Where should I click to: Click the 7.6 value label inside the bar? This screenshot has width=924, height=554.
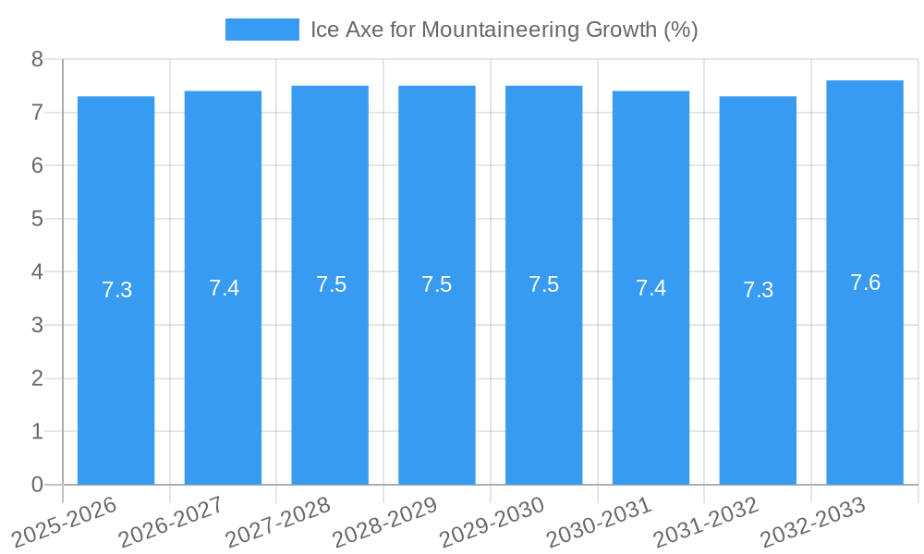865,283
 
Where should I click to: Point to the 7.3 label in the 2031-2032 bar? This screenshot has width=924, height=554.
758,290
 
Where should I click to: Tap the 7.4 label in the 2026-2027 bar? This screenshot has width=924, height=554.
224,288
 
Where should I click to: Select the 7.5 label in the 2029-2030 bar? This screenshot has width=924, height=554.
543,284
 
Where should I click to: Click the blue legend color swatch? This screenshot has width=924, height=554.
262,30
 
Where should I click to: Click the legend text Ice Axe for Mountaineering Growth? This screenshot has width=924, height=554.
504,30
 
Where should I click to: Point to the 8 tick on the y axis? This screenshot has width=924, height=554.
37,59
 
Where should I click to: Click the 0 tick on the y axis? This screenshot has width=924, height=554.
37,485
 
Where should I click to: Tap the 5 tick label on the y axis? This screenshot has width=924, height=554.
37,219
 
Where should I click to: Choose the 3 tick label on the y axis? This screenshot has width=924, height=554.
37,325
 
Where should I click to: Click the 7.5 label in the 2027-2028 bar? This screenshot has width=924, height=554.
331,284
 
